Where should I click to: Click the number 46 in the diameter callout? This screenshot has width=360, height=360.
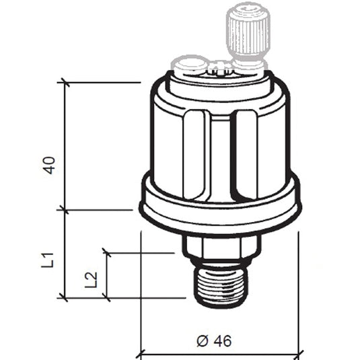pyautogui.click(x=223, y=341)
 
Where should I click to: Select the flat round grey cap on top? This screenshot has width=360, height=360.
pyautogui.click(x=188, y=65)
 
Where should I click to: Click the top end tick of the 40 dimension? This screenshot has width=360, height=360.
pyautogui.click(x=65, y=83)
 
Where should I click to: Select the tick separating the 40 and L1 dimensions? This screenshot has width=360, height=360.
pyautogui.click(x=65, y=209)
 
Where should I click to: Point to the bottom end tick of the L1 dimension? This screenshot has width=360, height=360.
pyautogui.click(x=65, y=297)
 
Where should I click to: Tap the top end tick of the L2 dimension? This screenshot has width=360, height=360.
pyautogui.click(x=106, y=253)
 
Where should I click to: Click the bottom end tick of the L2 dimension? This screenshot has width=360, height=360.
pyautogui.click(x=106, y=297)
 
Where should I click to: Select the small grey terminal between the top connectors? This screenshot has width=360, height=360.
pyautogui.click(x=218, y=67)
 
